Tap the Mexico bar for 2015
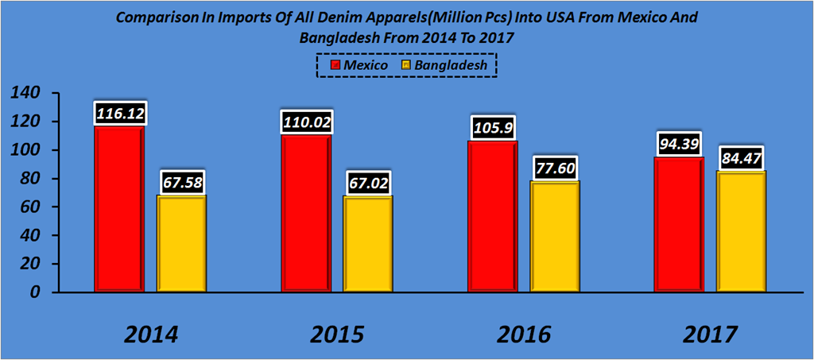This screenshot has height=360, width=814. tap(306, 213)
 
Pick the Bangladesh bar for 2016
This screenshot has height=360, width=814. tap(556, 236)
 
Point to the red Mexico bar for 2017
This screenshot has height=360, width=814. tap(679, 224)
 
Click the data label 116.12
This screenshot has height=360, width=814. tap(119, 114)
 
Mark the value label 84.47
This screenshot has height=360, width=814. tap(742, 159)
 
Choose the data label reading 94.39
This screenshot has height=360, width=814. tap(679, 145)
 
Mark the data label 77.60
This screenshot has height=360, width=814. tap(556, 168)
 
